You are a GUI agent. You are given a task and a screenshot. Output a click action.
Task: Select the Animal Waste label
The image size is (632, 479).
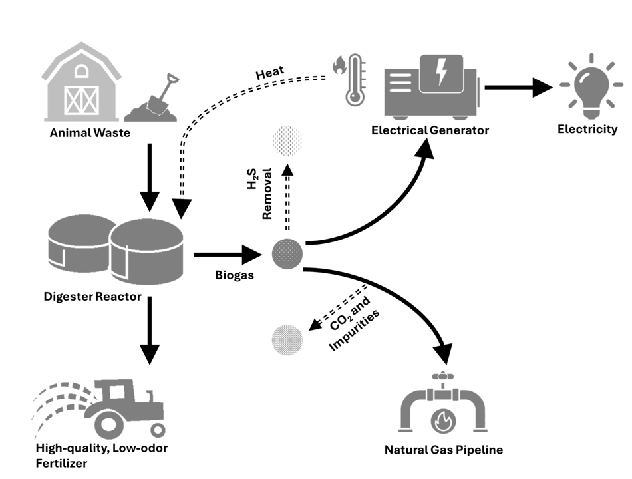90,133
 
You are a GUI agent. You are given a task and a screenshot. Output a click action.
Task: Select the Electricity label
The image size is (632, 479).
587,129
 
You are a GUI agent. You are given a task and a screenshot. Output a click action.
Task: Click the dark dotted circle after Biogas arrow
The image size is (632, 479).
288,253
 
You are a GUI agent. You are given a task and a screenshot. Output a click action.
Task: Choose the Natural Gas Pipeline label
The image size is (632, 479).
444,450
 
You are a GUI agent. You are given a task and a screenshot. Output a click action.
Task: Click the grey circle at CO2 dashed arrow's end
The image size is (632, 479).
288,340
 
